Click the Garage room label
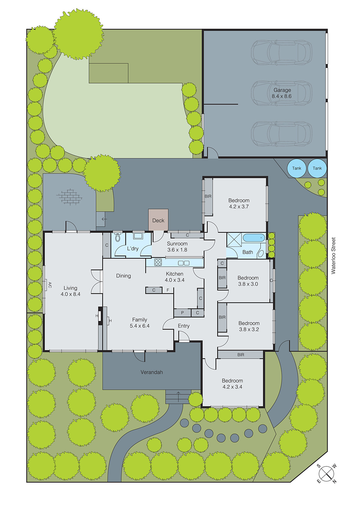tap(282, 93)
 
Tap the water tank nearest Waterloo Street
tap(317, 168)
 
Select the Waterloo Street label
tap(333, 255)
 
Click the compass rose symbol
tap(326, 474)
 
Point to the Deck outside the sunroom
tap(158, 220)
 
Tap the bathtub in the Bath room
tap(254, 237)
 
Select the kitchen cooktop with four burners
tap(158, 262)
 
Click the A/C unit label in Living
tap(49, 285)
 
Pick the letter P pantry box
tap(182, 313)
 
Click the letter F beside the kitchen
tap(168, 290)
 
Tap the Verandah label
tap(152, 372)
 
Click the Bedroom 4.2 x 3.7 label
tap(239, 203)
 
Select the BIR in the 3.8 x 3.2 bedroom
tap(222, 317)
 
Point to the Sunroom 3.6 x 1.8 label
tap(177, 247)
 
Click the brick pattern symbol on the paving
tap(69, 196)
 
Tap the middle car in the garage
tap(281, 93)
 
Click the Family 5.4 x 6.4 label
tap(139, 323)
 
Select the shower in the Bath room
tap(234, 240)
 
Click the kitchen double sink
tap(184, 263)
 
